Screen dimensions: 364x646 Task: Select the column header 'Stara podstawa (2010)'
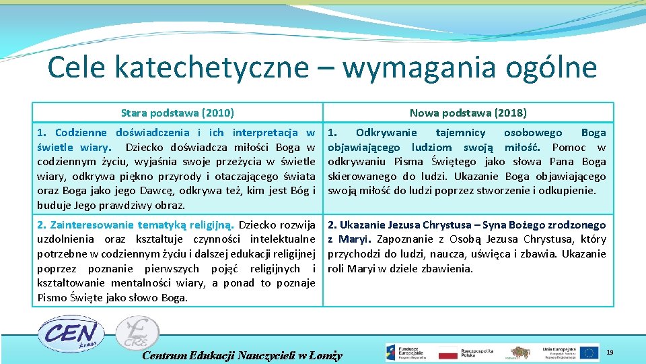178,113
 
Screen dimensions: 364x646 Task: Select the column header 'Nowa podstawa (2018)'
468,113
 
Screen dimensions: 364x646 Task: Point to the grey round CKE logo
137,334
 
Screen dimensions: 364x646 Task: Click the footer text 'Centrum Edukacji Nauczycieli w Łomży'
243,355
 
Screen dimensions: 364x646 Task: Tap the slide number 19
610,353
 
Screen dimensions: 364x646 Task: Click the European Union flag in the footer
589,352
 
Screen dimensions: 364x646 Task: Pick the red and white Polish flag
447,353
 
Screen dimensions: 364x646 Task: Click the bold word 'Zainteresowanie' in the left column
94,225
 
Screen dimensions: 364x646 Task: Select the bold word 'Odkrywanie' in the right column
386,133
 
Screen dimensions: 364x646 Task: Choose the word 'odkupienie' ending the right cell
571,190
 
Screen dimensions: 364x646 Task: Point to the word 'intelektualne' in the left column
282,239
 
